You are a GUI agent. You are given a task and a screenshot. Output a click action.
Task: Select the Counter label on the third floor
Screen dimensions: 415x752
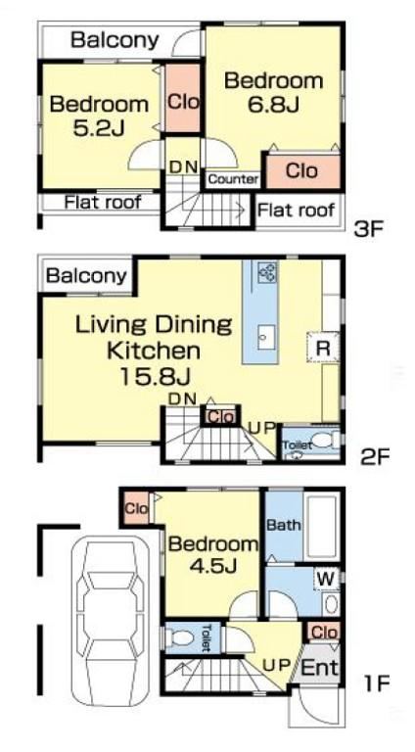pos(233,180)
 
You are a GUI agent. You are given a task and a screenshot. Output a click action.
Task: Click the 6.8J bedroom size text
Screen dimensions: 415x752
pos(274,104)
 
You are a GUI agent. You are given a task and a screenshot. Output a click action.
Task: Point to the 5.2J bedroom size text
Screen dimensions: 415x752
pos(99,127)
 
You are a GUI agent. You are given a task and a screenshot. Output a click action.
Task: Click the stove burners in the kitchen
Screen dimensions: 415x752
pos(267,272)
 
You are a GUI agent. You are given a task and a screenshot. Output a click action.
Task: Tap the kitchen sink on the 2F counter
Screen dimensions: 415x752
pos(266,338)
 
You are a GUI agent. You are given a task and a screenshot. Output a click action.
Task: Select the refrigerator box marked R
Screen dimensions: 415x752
pos(323,348)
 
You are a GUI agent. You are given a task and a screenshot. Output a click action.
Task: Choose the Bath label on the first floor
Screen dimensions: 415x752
pos(284,525)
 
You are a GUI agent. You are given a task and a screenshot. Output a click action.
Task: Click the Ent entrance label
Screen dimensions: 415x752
pos(320,667)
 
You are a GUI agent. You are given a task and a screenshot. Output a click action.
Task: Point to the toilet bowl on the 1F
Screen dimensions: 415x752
pos(181,637)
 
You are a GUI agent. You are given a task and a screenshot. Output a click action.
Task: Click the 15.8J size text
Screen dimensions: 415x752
pos(155,376)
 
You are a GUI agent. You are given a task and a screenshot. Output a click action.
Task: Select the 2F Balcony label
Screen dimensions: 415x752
pos(87,276)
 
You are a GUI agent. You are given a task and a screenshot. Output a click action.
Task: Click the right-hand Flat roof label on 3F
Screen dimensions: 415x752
pos(296,210)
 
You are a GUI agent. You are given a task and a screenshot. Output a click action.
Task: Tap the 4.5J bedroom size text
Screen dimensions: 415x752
pos(212,567)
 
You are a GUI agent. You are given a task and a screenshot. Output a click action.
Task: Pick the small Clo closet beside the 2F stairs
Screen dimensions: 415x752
pos(221,417)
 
